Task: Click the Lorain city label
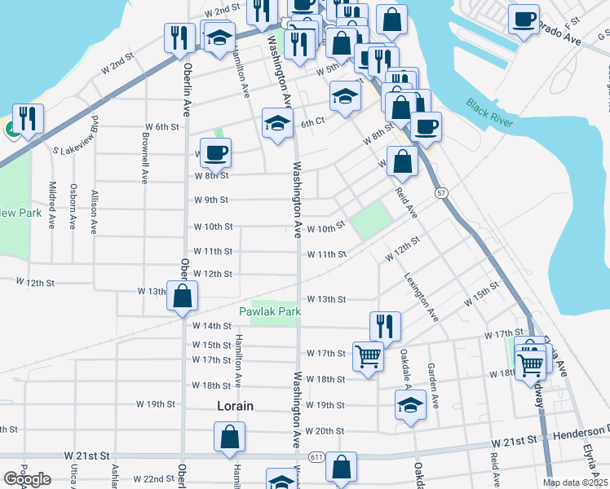(235, 405)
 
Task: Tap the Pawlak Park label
(270, 311)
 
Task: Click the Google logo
(27, 479)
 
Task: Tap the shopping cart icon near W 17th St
(368, 355)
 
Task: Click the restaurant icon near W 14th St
(385, 324)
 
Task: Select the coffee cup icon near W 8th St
(215, 152)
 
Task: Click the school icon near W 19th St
(410, 404)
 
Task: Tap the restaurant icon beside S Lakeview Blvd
(28, 117)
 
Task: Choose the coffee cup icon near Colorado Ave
(524, 18)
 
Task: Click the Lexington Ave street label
(422, 296)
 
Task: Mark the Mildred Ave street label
(52, 204)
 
